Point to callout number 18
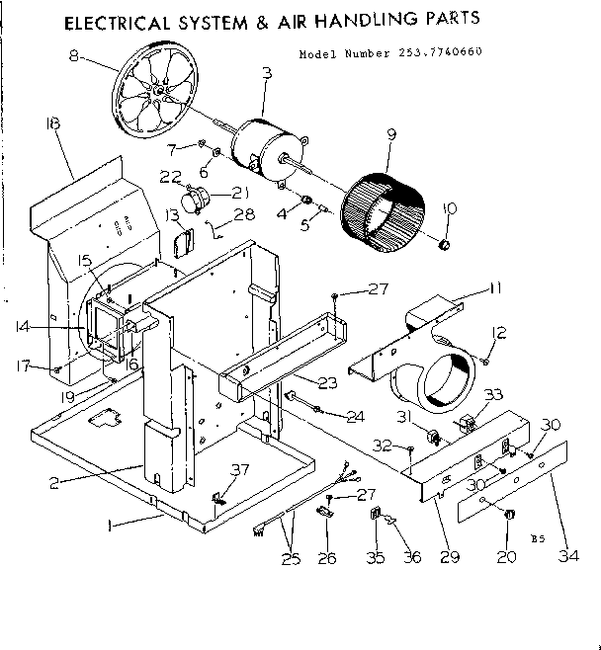(52, 123)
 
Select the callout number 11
(494, 287)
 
